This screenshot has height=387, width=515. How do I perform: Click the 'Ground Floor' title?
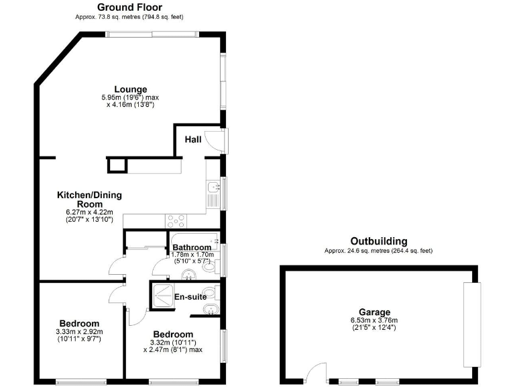(130, 7)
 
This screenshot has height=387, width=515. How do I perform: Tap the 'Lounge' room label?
(130, 89)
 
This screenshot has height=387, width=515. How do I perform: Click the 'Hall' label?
(193, 140)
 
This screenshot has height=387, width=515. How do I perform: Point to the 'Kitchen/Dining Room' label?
(89, 200)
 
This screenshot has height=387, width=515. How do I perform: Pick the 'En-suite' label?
(190, 296)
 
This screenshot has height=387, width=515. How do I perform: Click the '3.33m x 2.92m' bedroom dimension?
(79, 332)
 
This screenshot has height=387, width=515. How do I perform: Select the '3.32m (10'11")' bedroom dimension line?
(172, 343)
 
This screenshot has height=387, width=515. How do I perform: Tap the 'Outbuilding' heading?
(378, 241)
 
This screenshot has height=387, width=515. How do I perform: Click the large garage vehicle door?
(472, 325)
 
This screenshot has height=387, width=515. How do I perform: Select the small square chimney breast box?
(116, 165)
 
